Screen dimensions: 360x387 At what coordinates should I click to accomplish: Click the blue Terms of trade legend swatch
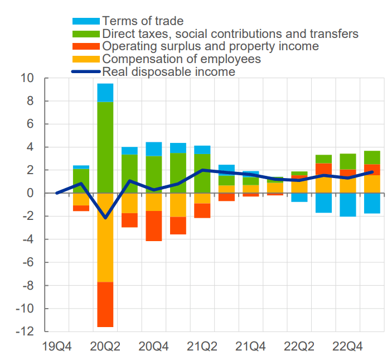coord(86,21)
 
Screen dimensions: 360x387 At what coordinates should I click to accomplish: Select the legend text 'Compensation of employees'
coord(181,59)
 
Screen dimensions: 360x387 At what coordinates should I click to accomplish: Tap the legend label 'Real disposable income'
coord(168,71)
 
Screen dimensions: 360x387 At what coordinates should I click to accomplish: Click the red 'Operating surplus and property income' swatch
coord(86,46)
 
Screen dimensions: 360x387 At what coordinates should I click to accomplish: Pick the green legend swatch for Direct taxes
coord(86,34)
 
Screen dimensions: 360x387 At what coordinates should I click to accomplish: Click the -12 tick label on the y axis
coord(25,332)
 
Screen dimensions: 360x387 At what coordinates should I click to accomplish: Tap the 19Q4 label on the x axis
coord(56,347)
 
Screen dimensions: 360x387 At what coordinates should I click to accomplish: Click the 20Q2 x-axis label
coord(105,347)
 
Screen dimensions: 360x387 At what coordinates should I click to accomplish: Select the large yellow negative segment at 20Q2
coord(105,237)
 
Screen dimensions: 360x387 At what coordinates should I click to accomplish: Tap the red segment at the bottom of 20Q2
coord(105,304)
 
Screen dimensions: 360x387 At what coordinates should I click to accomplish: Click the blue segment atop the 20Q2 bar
coord(105,93)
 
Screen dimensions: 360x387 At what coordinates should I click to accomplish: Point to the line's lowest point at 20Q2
coord(105,218)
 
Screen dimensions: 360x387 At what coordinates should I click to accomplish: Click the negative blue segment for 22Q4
coord(348,204)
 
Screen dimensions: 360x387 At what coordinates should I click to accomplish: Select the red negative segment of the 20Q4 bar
coord(154,225)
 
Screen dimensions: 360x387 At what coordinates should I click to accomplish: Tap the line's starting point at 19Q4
coord(57,193)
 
